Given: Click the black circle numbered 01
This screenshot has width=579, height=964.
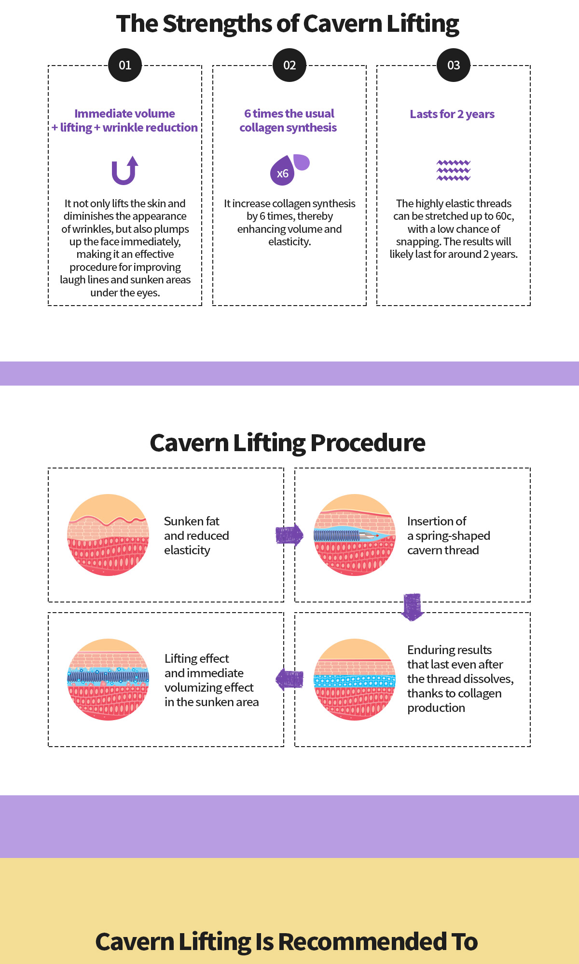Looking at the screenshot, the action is (x=125, y=65).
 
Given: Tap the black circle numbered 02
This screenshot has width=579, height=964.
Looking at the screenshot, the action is (x=289, y=65).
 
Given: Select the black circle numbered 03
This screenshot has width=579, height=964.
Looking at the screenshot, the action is (x=454, y=65).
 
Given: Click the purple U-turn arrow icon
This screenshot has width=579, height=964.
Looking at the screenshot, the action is (x=124, y=171).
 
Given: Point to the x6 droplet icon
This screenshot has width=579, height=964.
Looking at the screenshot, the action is (x=289, y=170).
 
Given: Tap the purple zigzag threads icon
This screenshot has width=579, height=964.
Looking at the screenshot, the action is (x=454, y=170).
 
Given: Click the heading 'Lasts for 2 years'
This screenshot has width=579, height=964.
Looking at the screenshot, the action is (x=452, y=114).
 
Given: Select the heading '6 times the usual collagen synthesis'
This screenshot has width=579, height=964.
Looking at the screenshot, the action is (x=289, y=120).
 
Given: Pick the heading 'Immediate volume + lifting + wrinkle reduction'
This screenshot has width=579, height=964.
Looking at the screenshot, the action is (x=125, y=120).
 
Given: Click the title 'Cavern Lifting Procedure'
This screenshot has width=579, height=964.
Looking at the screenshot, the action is (x=288, y=442).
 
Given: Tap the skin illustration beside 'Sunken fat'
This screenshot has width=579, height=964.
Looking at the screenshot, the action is (x=108, y=535).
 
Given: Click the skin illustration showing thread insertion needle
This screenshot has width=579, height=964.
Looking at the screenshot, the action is (x=355, y=535).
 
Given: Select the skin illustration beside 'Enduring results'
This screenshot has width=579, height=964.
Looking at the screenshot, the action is (x=355, y=680).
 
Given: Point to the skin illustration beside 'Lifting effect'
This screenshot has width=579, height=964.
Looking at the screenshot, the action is (x=108, y=680).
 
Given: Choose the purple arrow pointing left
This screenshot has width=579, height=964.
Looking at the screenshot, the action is (x=289, y=680).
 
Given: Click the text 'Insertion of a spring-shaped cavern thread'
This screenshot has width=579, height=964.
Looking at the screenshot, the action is (x=449, y=536).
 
